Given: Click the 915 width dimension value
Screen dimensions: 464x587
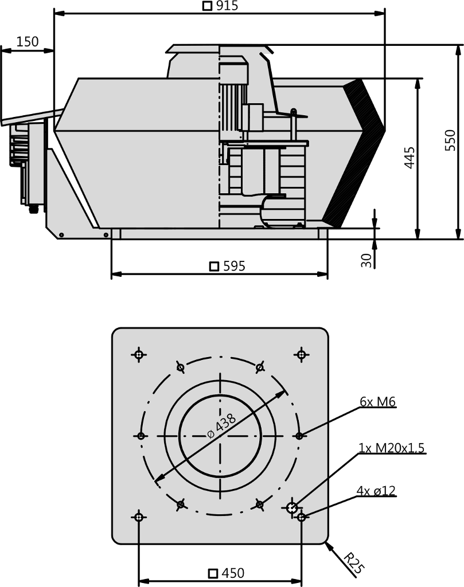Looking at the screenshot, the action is (227, 6).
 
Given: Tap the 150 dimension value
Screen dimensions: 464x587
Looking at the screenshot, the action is (28, 41).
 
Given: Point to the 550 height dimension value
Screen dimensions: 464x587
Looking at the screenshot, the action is (450, 140).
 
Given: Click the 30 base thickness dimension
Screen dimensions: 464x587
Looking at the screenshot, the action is (366, 260).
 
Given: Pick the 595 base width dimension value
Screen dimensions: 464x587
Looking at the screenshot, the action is (234, 266).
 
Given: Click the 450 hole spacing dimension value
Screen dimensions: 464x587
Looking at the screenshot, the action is (233, 573).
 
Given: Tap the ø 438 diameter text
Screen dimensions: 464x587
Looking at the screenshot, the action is (221, 426).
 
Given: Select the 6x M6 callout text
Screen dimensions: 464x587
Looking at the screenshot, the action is (377, 402).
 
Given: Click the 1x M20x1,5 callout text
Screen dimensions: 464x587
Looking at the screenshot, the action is (391, 448).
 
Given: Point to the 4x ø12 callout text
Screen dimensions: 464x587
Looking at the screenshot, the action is (376, 491).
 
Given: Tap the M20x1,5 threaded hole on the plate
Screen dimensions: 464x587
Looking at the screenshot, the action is (292, 508).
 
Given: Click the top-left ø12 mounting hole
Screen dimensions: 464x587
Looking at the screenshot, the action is (139, 354).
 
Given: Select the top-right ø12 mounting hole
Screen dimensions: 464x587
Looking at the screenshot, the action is (302, 354).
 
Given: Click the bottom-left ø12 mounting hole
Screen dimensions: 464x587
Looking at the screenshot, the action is (139, 517).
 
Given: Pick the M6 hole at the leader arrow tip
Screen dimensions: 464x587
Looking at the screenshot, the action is (299, 436).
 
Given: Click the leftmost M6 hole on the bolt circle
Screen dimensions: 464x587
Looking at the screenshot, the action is (141, 436).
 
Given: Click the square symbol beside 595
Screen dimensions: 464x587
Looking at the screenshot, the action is (214, 266).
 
